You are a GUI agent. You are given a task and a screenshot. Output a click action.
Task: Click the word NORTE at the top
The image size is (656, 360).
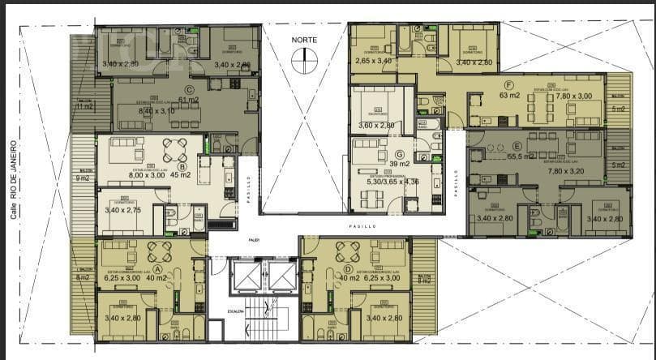tap(306, 40)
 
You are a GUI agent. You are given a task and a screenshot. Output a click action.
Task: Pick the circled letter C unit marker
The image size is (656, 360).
tap(189, 90)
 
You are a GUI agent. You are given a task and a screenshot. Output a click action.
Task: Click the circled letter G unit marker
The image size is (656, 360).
tap(399, 153)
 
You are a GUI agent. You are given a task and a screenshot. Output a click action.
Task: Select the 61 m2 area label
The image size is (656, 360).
tap(188, 101)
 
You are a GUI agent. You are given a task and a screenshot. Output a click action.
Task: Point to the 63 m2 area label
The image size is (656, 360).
tap(510, 96)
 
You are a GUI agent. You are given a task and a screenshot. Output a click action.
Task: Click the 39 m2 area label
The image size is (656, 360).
tap(399, 164)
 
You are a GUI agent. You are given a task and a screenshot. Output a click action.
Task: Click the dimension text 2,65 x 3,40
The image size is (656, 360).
tap(374, 60)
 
